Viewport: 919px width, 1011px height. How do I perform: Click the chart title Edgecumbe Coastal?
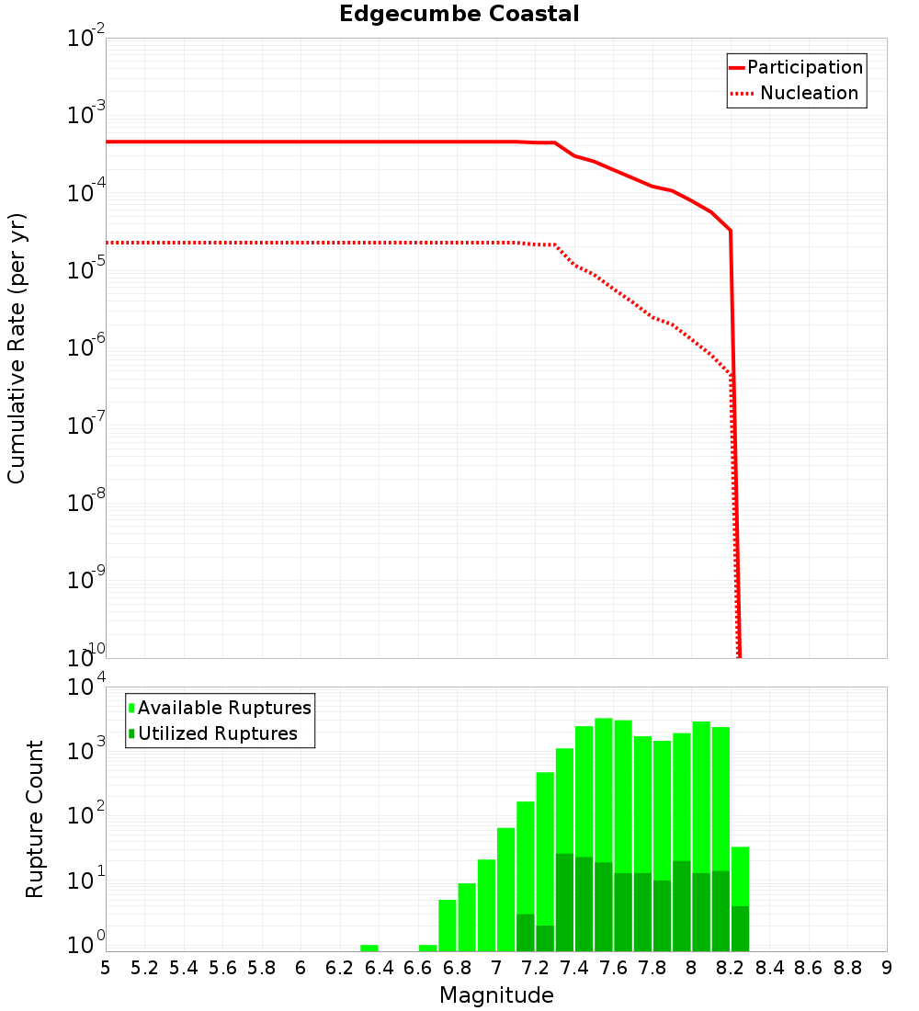[459, 14]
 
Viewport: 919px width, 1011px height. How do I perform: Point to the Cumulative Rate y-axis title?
[17, 348]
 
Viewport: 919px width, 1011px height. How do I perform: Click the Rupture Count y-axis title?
[35, 819]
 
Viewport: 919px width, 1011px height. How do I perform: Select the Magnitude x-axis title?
[496, 995]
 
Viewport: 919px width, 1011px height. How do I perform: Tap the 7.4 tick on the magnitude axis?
[574, 968]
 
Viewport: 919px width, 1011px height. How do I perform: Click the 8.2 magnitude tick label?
[731, 968]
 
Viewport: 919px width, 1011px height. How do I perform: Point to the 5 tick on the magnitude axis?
[106, 968]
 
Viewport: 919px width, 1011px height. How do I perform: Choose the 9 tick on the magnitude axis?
[887, 968]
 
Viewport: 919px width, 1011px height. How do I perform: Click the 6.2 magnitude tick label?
[340, 968]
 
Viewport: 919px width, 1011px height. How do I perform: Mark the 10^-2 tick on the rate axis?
[86, 39]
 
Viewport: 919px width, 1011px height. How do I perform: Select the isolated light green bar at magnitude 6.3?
[369, 948]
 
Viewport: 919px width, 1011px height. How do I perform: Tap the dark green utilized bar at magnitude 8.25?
[740, 928]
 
